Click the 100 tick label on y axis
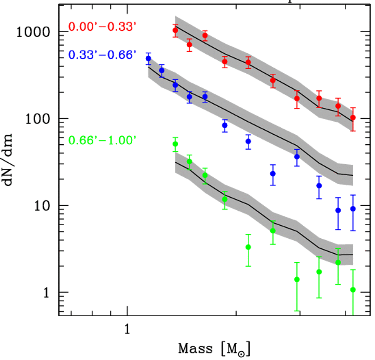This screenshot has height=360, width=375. coord(39,119)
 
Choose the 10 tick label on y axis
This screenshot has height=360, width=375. coord(43,206)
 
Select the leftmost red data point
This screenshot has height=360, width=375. coord(175,30)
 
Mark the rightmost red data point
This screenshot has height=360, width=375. coord(353,117)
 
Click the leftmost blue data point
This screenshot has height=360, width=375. coord(148,59)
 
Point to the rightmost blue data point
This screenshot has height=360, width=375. coord(353,209)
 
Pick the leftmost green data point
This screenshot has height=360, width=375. coord(175,144)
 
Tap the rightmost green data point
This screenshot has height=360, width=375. coord(353,290)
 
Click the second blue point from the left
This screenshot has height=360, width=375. coord(162,71)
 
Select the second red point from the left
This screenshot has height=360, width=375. coord(189,45)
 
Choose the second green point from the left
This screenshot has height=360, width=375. coord(189,162)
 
